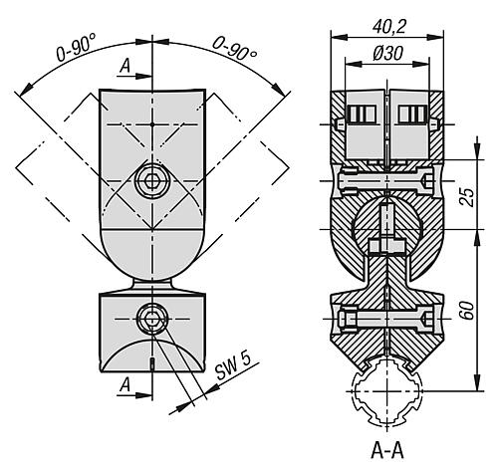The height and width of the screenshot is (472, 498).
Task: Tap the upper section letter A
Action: [124, 66]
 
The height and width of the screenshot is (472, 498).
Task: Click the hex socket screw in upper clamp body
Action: [151, 180]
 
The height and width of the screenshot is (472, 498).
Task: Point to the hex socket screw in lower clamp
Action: [151, 318]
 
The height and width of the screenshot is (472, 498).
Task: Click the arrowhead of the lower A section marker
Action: [145, 391]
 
